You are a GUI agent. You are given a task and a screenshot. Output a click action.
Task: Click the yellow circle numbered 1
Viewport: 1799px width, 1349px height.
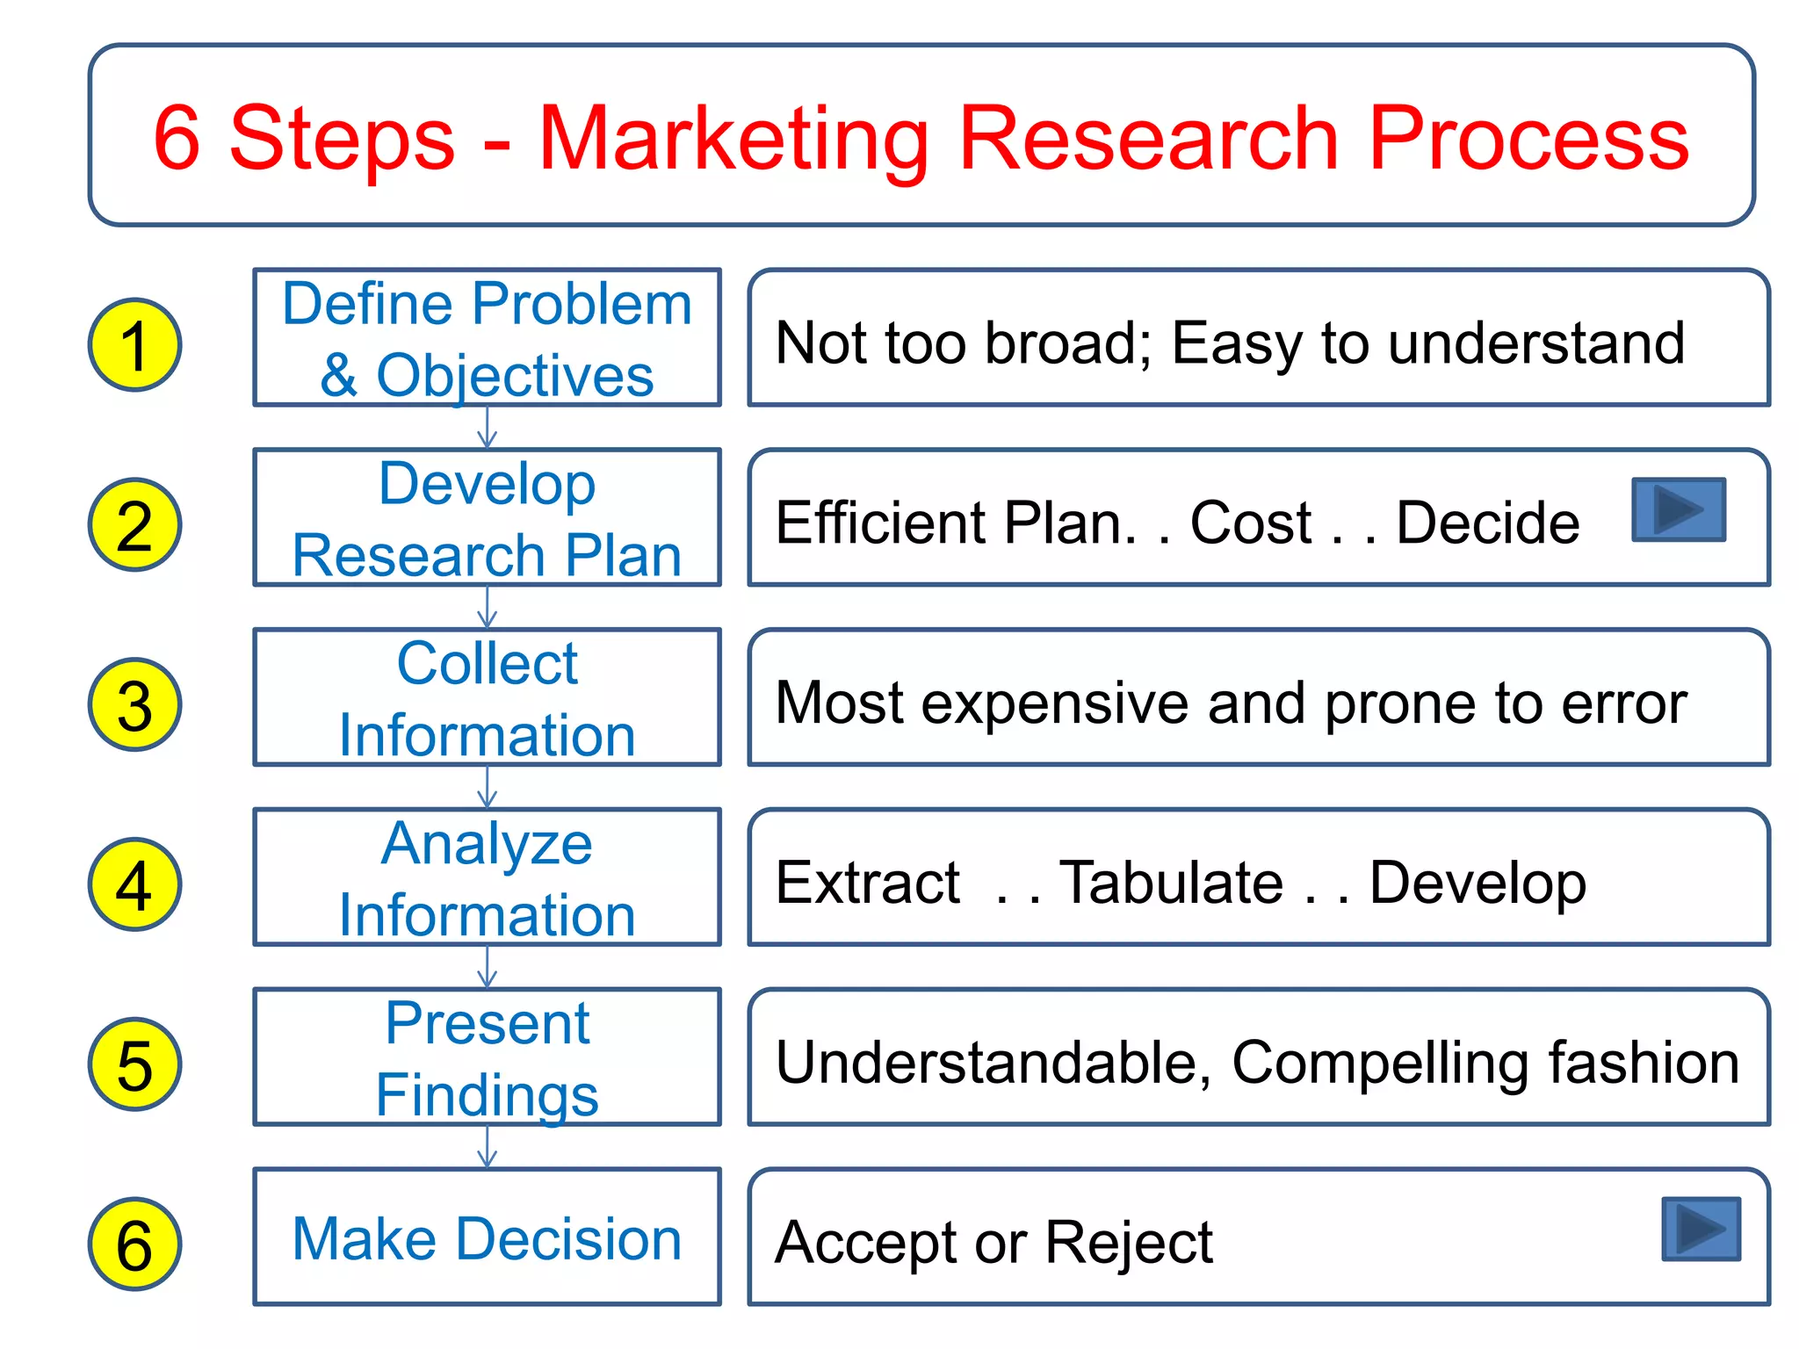click(134, 345)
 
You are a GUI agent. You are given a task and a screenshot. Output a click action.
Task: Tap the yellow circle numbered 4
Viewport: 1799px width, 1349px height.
click(134, 884)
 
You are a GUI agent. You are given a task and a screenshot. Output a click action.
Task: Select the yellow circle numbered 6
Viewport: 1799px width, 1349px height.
click(134, 1244)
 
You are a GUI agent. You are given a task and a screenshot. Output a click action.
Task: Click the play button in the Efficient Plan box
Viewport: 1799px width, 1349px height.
click(1679, 509)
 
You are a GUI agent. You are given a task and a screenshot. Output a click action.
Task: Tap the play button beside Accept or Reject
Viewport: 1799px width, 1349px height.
click(1701, 1229)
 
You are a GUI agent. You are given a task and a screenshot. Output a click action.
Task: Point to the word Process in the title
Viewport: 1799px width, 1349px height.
click(1528, 139)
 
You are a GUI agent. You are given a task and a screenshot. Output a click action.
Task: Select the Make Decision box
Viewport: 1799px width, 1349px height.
click(487, 1237)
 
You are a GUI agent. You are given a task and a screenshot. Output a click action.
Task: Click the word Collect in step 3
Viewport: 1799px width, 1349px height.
click(487, 663)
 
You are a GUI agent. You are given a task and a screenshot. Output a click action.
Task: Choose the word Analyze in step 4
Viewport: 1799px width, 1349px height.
click(487, 845)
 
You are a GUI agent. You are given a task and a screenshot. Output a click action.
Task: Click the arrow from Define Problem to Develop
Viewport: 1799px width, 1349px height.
click(487, 428)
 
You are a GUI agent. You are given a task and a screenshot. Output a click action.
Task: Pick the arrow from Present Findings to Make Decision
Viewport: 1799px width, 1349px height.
click(487, 1146)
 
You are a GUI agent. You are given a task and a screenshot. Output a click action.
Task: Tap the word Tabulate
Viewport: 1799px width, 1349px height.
click(1171, 882)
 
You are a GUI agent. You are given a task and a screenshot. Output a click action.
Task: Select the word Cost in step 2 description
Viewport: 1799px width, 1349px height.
click(1250, 523)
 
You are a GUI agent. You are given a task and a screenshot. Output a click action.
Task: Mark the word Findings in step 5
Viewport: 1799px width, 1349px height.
click(487, 1095)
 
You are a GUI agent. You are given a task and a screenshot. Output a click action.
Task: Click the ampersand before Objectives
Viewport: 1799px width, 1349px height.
click(339, 376)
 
